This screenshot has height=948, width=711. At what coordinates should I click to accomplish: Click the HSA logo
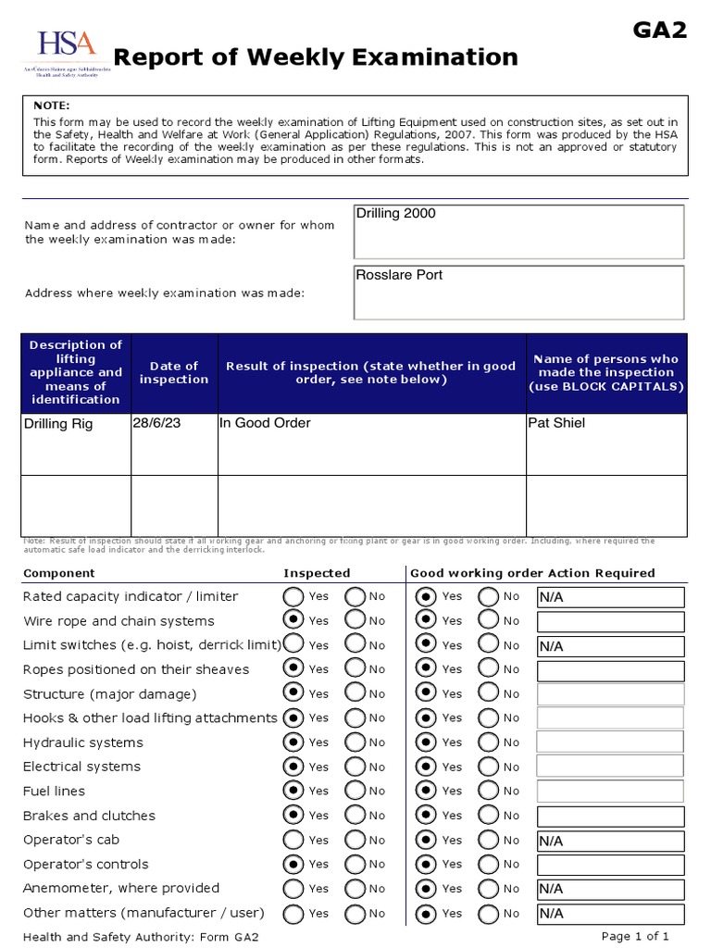point(66,53)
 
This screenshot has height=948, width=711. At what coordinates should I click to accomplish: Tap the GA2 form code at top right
point(660,31)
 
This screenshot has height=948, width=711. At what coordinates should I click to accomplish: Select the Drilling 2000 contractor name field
point(518,231)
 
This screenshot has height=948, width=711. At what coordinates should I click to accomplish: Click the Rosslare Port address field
point(518,293)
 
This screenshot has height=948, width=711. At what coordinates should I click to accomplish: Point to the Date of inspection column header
point(174,372)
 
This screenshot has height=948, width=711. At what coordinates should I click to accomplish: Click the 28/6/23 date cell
point(174,443)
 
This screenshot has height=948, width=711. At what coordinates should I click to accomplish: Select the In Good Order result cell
point(371,443)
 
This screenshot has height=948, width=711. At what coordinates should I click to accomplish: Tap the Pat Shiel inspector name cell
point(605,443)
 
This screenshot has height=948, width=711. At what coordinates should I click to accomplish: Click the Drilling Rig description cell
point(76,443)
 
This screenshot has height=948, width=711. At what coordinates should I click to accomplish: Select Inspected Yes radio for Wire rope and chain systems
point(293,620)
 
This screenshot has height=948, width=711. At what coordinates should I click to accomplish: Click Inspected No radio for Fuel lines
point(355,791)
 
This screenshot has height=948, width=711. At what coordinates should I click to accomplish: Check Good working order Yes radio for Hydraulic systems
point(427,742)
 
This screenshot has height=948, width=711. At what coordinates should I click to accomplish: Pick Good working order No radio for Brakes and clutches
point(489,816)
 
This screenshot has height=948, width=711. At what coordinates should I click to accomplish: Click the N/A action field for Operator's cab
point(610,841)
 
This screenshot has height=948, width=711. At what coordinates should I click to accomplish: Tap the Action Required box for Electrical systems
point(610,767)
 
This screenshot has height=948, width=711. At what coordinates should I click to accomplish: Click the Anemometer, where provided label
point(121,888)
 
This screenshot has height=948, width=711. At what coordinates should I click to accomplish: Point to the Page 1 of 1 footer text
point(635,936)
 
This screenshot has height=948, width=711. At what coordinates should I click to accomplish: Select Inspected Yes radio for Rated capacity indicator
point(293,596)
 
